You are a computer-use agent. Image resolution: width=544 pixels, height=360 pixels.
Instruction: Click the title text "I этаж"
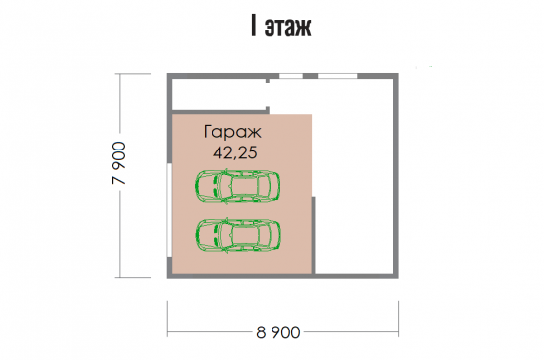pyautogui.click(x=281, y=26)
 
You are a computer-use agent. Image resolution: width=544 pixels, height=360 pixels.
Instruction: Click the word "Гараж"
pyautogui.click(x=232, y=132)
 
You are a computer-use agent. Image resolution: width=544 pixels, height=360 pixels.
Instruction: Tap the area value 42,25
pyautogui.click(x=235, y=152)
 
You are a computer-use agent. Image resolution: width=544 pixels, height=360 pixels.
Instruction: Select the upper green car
pyautogui.click(x=238, y=186)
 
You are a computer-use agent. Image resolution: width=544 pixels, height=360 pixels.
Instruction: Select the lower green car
pyautogui.click(x=238, y=235)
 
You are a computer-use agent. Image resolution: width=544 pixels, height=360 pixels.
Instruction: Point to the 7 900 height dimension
pyautogui.click(x=119, y=162)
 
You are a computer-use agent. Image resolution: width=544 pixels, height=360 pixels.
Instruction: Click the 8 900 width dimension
pyautogui.click(x=278, y=332)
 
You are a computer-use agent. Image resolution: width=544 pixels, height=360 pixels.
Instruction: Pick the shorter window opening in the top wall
pyautogui.click(x=291, y=76)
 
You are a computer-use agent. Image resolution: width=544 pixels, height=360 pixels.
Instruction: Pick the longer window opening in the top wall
pyautogui.click(x=337, y=76)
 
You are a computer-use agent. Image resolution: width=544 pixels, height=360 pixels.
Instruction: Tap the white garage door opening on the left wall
pyautogui.click(x=169, y=210)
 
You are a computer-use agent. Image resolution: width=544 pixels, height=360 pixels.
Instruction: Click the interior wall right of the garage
pyautogui.click(x=313, y=235)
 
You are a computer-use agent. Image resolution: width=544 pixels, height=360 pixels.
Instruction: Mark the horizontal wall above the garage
pyautogui.click(x=220, y=112)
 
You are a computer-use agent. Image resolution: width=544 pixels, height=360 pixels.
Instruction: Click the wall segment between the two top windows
pyautogui.click(x=311, y=76)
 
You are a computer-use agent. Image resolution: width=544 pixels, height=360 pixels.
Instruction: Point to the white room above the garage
pyautogui.click(x=219, y=94)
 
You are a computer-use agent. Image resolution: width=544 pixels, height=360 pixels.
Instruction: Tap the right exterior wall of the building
pyautogui.click(x=396, y=176)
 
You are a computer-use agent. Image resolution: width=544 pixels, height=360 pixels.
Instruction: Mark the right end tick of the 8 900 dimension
pyautogui.click(x=399, y=319)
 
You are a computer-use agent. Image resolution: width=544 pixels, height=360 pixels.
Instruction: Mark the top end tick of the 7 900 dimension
pyautogui.click(x=133, y=74)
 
